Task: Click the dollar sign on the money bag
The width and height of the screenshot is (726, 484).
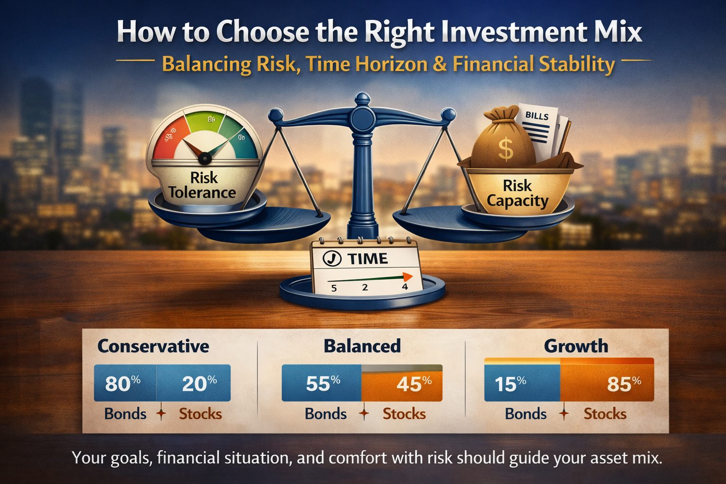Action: [x=506, y=148]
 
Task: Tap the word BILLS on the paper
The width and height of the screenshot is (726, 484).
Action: [x=537, y=116]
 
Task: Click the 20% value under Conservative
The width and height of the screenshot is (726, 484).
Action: [x=199, y=383]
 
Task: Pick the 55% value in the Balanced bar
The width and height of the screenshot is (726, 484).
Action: [x=323, y=383]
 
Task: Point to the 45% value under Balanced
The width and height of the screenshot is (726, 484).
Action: [x=414, y=383]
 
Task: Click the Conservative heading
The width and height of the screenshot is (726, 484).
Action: [x=153, y=346]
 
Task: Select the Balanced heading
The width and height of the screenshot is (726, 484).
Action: [x=362, y=346]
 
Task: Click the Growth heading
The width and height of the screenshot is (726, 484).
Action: [x=576, y=346]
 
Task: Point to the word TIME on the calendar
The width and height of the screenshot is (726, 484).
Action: [x=368, y=259]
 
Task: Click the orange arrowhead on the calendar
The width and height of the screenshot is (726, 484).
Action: [x=407, y=277]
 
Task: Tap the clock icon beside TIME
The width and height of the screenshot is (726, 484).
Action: [x=332, y=259]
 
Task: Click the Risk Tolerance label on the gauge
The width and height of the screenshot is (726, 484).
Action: [x=202, y=185]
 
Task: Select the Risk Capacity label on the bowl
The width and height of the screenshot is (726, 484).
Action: [x=517, y=193]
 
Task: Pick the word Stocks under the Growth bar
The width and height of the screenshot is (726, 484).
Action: [x=605, y=414]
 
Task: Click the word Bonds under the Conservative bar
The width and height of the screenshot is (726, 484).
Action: [x=125, y=414]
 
